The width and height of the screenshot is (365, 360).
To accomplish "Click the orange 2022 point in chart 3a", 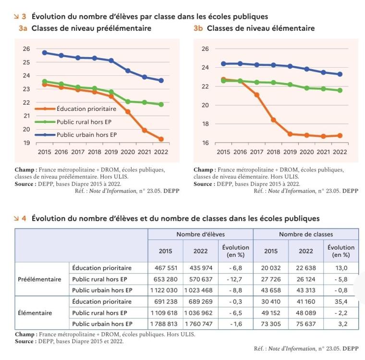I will coord(161,139).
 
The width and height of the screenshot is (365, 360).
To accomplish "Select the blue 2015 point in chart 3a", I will coord(45,52).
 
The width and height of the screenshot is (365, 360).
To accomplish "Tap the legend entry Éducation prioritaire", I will coord(86,109).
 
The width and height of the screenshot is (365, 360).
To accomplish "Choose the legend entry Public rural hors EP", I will coord(86,122).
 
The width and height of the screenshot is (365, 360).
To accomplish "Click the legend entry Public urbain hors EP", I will coord(86,135).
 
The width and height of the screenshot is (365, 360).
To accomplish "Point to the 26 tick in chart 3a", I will coord(26,49).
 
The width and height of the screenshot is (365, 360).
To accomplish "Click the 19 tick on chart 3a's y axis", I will coord(26,143).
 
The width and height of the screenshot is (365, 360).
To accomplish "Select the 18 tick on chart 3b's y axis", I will coord(206,124).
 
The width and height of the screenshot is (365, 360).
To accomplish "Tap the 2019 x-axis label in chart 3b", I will coord(290,152).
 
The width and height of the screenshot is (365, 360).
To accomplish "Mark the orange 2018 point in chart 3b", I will coord(273,120).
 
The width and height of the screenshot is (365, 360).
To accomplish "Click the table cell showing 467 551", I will coord(165,268).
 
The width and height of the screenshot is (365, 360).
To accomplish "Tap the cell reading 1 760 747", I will coord(200,324).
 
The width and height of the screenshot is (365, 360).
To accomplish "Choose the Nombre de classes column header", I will coord(305,234).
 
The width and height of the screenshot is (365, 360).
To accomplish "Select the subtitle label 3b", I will coord(198,28).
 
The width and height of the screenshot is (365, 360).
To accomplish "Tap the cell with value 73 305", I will coord(271,324).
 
